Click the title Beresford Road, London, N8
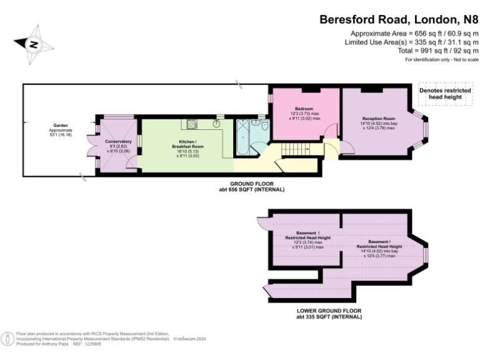[399, 19]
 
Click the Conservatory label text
[118, 141]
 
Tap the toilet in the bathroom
[266, 127]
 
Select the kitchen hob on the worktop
[190, 123]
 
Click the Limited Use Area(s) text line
[411, 42]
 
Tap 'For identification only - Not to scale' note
[441, 59]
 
